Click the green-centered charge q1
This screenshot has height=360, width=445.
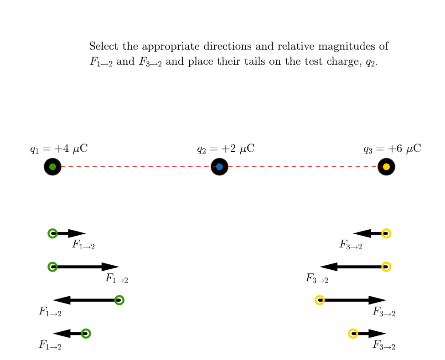point(52,167)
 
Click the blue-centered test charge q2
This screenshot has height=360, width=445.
point(219,167)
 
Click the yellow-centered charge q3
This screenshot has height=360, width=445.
point(386,167)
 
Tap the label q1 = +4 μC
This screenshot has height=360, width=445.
point(59,149)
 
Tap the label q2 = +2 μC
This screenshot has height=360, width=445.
point(226,149)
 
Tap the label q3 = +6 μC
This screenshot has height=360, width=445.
point(392,149)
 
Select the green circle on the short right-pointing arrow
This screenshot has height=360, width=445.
point(52,233)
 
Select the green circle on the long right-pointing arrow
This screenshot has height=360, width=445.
point(52,267)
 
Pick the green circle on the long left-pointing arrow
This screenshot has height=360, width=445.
point(119,300)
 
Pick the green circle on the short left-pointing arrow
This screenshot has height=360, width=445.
point(86,333)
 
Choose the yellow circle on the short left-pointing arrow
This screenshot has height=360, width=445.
point(386,233)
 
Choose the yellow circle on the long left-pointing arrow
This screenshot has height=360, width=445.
point(386,267)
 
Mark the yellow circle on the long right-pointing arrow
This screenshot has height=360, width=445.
point(320,300)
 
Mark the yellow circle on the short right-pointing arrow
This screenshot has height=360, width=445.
point(353,333)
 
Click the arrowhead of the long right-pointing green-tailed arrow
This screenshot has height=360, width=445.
point(110,267)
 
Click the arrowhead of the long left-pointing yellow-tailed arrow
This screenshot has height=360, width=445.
point(328,267)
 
